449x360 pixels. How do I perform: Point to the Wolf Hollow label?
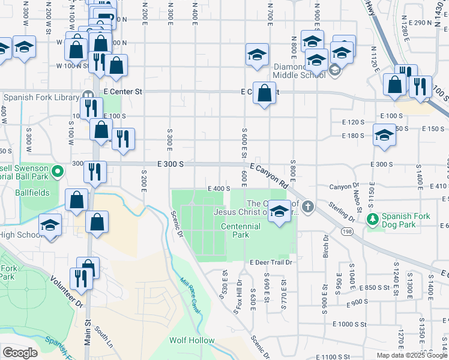(191, 340)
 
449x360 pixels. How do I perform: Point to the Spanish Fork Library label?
(41, 97)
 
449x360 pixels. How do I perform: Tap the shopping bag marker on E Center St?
(264, 93)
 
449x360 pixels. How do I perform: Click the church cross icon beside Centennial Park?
(308, 207)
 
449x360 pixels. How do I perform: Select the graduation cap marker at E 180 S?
(384, 134)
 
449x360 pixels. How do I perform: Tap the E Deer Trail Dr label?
(271, 263)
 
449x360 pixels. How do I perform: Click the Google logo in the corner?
(20, 353)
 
